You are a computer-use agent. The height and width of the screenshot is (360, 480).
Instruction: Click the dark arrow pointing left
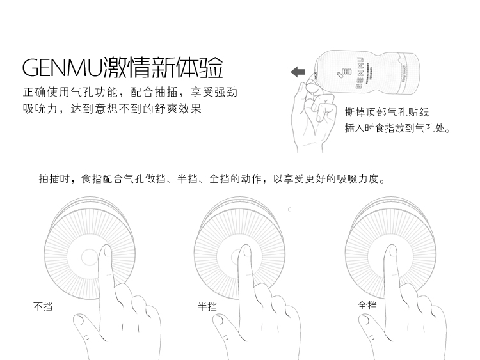[x=298, y=72]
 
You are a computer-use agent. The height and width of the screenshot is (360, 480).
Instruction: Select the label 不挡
[x=42, y=306]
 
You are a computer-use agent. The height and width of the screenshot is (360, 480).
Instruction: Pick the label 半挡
[x=207, y=306]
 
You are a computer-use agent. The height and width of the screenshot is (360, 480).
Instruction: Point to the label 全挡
[x=367, y=305]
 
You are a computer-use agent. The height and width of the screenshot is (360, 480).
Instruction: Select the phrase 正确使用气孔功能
[x=64, y=92]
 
